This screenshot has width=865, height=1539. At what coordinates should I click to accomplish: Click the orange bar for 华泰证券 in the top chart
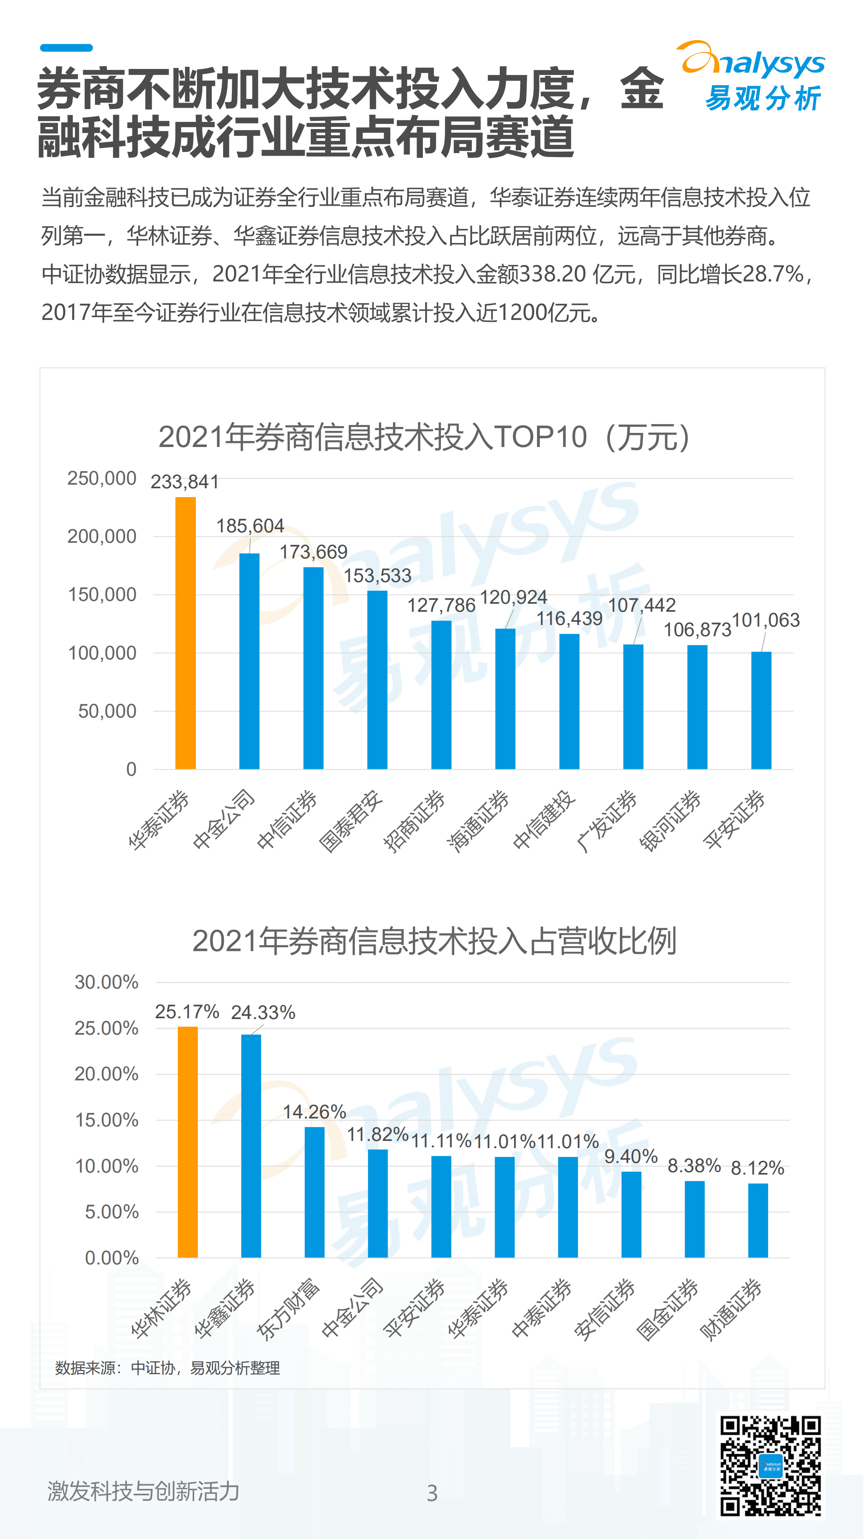click(x=185, y=633)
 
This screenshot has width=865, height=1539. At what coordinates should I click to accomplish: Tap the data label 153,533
click(x=377, y=575)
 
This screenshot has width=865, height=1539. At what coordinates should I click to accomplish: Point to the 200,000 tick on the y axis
click(x=101, y=536)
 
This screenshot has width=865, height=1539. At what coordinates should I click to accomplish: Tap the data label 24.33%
click(x=263, y=1012)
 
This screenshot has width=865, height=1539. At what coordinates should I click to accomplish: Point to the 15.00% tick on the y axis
click(x=106, y=1120)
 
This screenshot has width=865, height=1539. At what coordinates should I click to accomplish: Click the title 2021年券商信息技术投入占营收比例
click(x=434, y=941)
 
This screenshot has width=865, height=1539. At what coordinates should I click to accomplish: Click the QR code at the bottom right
click(x=770, y=1466)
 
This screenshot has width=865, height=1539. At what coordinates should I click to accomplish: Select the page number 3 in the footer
click(x=432, y=1493)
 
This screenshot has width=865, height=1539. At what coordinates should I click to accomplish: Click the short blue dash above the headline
click(x=66, y=48)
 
